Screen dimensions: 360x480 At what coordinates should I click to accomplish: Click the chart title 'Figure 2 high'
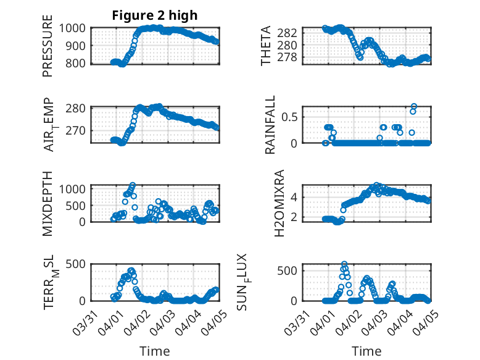(155, 15)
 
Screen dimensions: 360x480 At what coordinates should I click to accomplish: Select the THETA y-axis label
(266, 46)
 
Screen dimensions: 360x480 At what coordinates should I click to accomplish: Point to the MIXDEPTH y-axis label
(48, 203)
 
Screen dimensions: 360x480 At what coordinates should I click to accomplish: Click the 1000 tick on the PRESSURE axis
(76, 28)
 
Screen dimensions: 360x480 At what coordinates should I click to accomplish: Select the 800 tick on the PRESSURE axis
(79, 63)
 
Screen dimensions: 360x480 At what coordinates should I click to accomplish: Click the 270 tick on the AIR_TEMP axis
(79, 130)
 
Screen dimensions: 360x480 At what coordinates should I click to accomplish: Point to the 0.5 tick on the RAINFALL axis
(292, 116)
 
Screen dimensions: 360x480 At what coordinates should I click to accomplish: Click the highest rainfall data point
(414, 106)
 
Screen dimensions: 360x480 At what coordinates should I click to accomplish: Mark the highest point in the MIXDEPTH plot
(133, 185)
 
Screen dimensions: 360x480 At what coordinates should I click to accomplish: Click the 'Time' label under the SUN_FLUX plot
(366, 351)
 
